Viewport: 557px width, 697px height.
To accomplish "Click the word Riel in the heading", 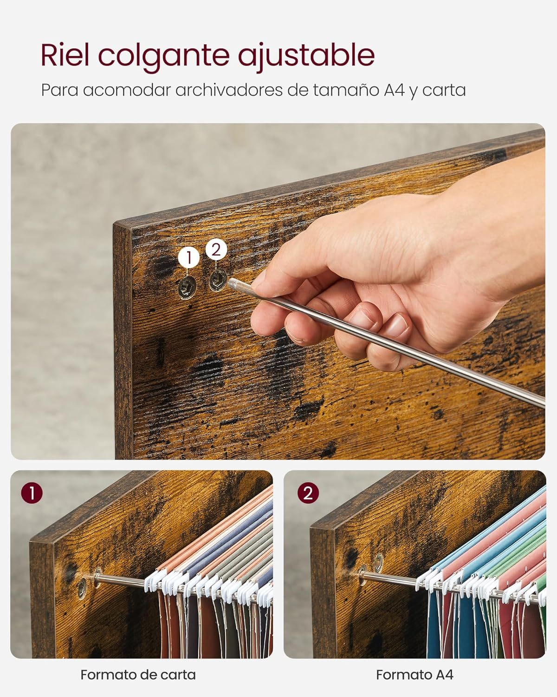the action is click(x=65, y=55).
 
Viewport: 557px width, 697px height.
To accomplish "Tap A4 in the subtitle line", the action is click(x=394, y=90).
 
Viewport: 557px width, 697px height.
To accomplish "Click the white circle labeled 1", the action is click(x=189, y=257).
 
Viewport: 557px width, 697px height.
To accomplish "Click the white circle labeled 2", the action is click(x=216, y=250).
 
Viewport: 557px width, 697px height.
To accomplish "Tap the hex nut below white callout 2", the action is click(x=218, y=280).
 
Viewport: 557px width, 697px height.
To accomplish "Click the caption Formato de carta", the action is click(x=138, y=672).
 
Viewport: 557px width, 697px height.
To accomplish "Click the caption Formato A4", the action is click(x=415, y=672).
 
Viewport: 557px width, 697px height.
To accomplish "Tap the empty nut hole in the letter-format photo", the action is click(x=82, y=586).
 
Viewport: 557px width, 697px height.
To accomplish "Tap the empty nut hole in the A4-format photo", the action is click(x=379, y=563).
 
